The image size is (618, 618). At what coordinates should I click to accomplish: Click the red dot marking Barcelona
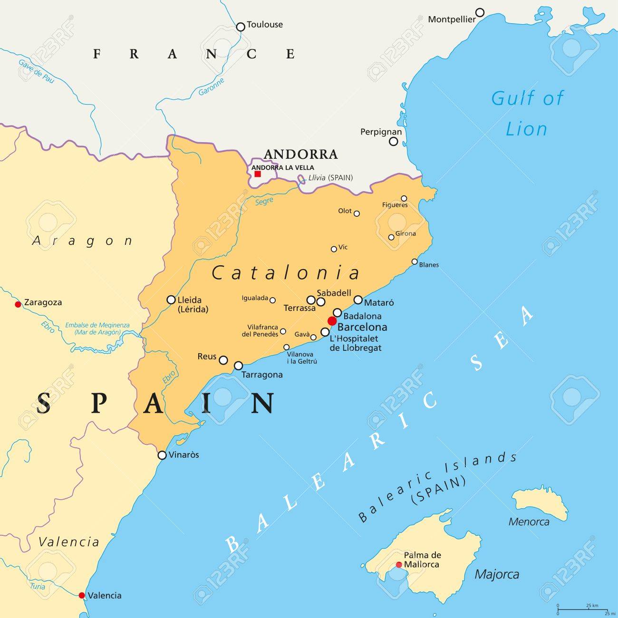332,321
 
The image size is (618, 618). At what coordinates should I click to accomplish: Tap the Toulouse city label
265,25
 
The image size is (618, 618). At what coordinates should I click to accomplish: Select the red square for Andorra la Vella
258,174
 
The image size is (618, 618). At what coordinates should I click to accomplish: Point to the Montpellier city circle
480,12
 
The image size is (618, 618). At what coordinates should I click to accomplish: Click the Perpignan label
381,132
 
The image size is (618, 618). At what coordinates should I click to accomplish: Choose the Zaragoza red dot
18,304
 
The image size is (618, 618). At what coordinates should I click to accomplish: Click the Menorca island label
529,522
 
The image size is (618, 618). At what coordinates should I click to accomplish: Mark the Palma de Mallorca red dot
399,565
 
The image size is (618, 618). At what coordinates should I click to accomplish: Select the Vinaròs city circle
162,455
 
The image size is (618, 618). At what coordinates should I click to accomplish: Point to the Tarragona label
262,375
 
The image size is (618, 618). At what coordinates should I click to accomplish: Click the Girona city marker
391,237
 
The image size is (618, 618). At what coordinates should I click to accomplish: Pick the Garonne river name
211,87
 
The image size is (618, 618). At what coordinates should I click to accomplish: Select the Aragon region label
82,241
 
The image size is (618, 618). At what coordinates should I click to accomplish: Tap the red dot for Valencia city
82,595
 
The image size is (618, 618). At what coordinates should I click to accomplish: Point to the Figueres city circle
404,198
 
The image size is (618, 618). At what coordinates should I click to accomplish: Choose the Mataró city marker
358,299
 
